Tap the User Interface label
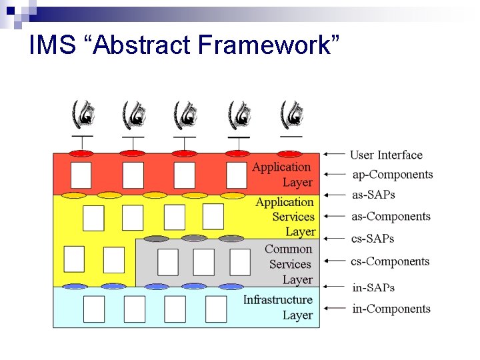pyautogui.click(x=386, y=155)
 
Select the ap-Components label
pyautogui.click(x=392, y=175)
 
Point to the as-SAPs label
pyautogui.click(x=373, y=195)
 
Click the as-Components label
pyautogui.click(x=391, y=216)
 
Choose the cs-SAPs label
pyautogui.click(x=373, y=238)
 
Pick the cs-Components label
pyautogui.click(x=390, y=261)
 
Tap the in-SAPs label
pyautogui.click(x=373, y=287)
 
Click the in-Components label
pyautogui.click(x=391, y=309)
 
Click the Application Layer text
pyautogui.click(x=282, y=175)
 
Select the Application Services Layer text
pyautogui.click(x=285, y=217)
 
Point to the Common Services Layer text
pyautogui.click(x=288, y=264)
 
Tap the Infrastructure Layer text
pyautogui.click(x=278, y=307)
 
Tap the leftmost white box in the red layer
pyautogui.click(x=81, y=175)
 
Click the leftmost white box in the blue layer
pyautogui.click(x=94, y=309)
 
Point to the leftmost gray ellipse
pyautogui.click(x=156, y=239)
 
